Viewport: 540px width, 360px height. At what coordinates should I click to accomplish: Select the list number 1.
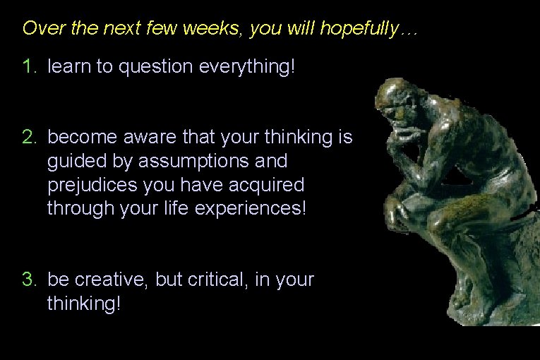[x=28, y=67]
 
